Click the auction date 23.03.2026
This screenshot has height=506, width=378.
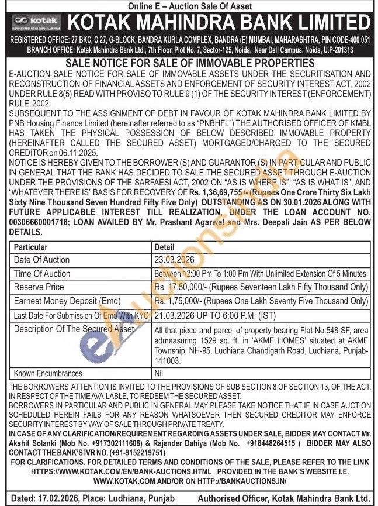pos(174,260)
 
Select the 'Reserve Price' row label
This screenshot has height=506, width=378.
pos(39,287)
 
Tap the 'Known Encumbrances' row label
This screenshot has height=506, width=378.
pos(48,373)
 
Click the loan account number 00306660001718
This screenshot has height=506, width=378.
pos(41,223)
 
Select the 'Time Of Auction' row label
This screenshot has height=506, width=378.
pos(42,274)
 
